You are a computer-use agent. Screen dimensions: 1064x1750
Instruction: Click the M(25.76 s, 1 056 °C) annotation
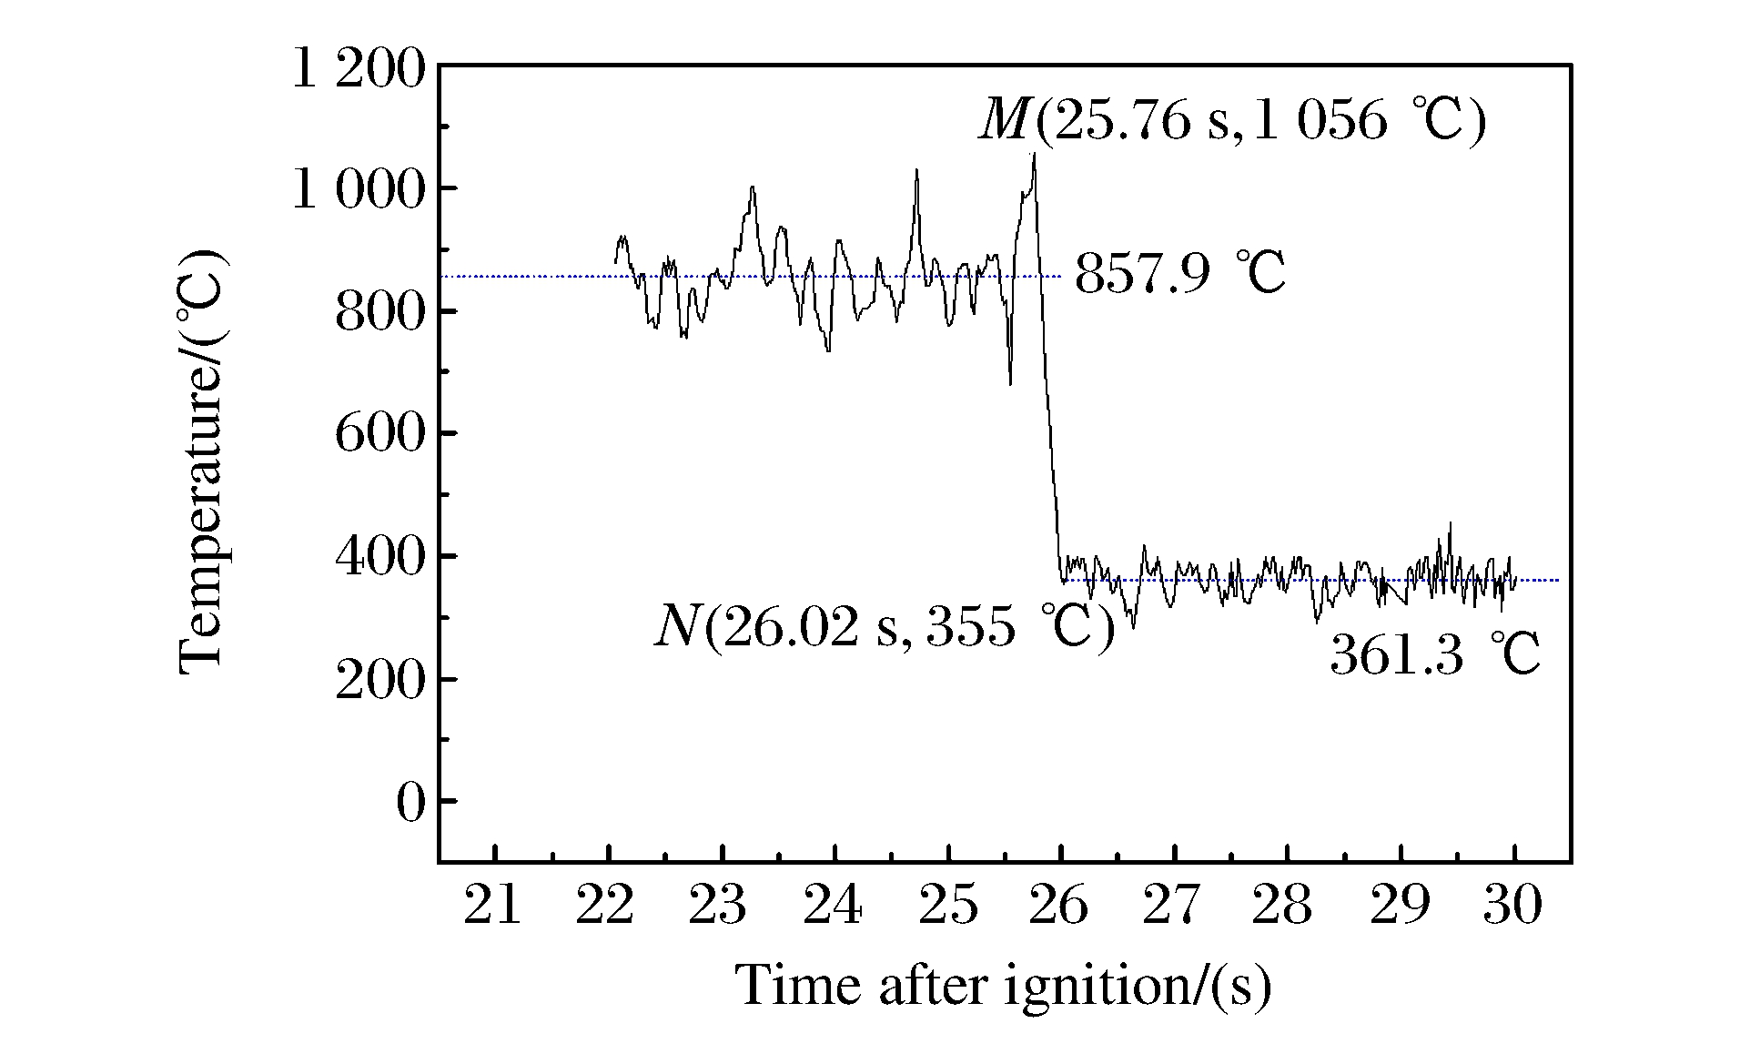click(1231, 120)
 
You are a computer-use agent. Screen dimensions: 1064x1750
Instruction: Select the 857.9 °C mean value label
click(1180, 273)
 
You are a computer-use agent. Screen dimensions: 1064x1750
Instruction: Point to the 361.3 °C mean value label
click(1435, 655)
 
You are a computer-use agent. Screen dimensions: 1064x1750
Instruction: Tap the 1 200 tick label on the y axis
click(358, 69)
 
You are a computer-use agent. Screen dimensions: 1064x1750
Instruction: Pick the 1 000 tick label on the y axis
click(358, 190)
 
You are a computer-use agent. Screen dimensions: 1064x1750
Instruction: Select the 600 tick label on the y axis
click(380, 434)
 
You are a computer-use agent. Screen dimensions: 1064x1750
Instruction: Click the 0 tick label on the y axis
click(410, 803)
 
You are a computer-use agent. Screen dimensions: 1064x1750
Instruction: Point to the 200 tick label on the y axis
click(380, 680)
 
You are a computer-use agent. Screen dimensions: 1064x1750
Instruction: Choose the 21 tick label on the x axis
click(493, 907)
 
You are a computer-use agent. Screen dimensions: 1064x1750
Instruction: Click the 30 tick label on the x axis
click(1513, 907)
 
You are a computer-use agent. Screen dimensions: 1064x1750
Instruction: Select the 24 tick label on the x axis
click(834, 907)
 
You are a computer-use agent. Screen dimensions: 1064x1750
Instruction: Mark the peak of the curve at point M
click(1034, 155)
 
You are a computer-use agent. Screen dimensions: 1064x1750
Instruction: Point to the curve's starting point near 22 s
click(616, 262)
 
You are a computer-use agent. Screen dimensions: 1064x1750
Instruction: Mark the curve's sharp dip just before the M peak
click(1010, 383)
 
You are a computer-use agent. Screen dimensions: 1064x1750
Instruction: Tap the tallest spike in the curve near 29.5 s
click(1450, 523)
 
